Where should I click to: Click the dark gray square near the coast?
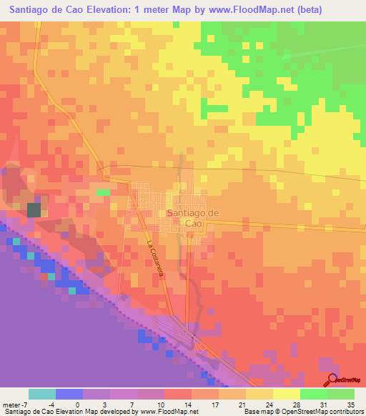pyautogui.click(x=34, y=209)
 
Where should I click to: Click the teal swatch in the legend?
pyautogui.click(x=42, y=394)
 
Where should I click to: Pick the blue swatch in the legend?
pyautogui.click(x=69, y=394)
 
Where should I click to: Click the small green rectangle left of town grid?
pyautogui.click(x=104, y=192)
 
